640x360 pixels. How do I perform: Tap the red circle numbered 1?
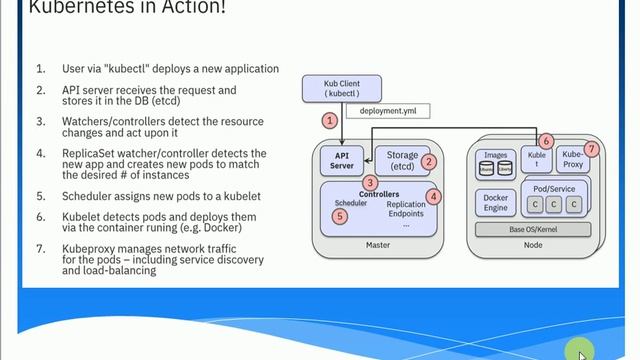[x=328, y=120]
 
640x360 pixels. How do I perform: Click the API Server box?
[x=342, y=160]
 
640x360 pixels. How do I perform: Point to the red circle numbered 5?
[x=341, y=215]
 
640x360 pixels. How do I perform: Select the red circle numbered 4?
[x=433, y=197]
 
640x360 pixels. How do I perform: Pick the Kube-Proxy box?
[x=572, y=160]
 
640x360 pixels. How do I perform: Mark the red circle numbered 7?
[x=591, y=149]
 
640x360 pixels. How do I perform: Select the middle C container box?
[x=554, y=204]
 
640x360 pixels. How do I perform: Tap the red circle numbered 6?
[x=546, y=141]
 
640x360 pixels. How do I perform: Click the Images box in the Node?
[x=495, y=162]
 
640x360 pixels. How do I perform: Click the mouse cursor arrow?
[x=582, y=354]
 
